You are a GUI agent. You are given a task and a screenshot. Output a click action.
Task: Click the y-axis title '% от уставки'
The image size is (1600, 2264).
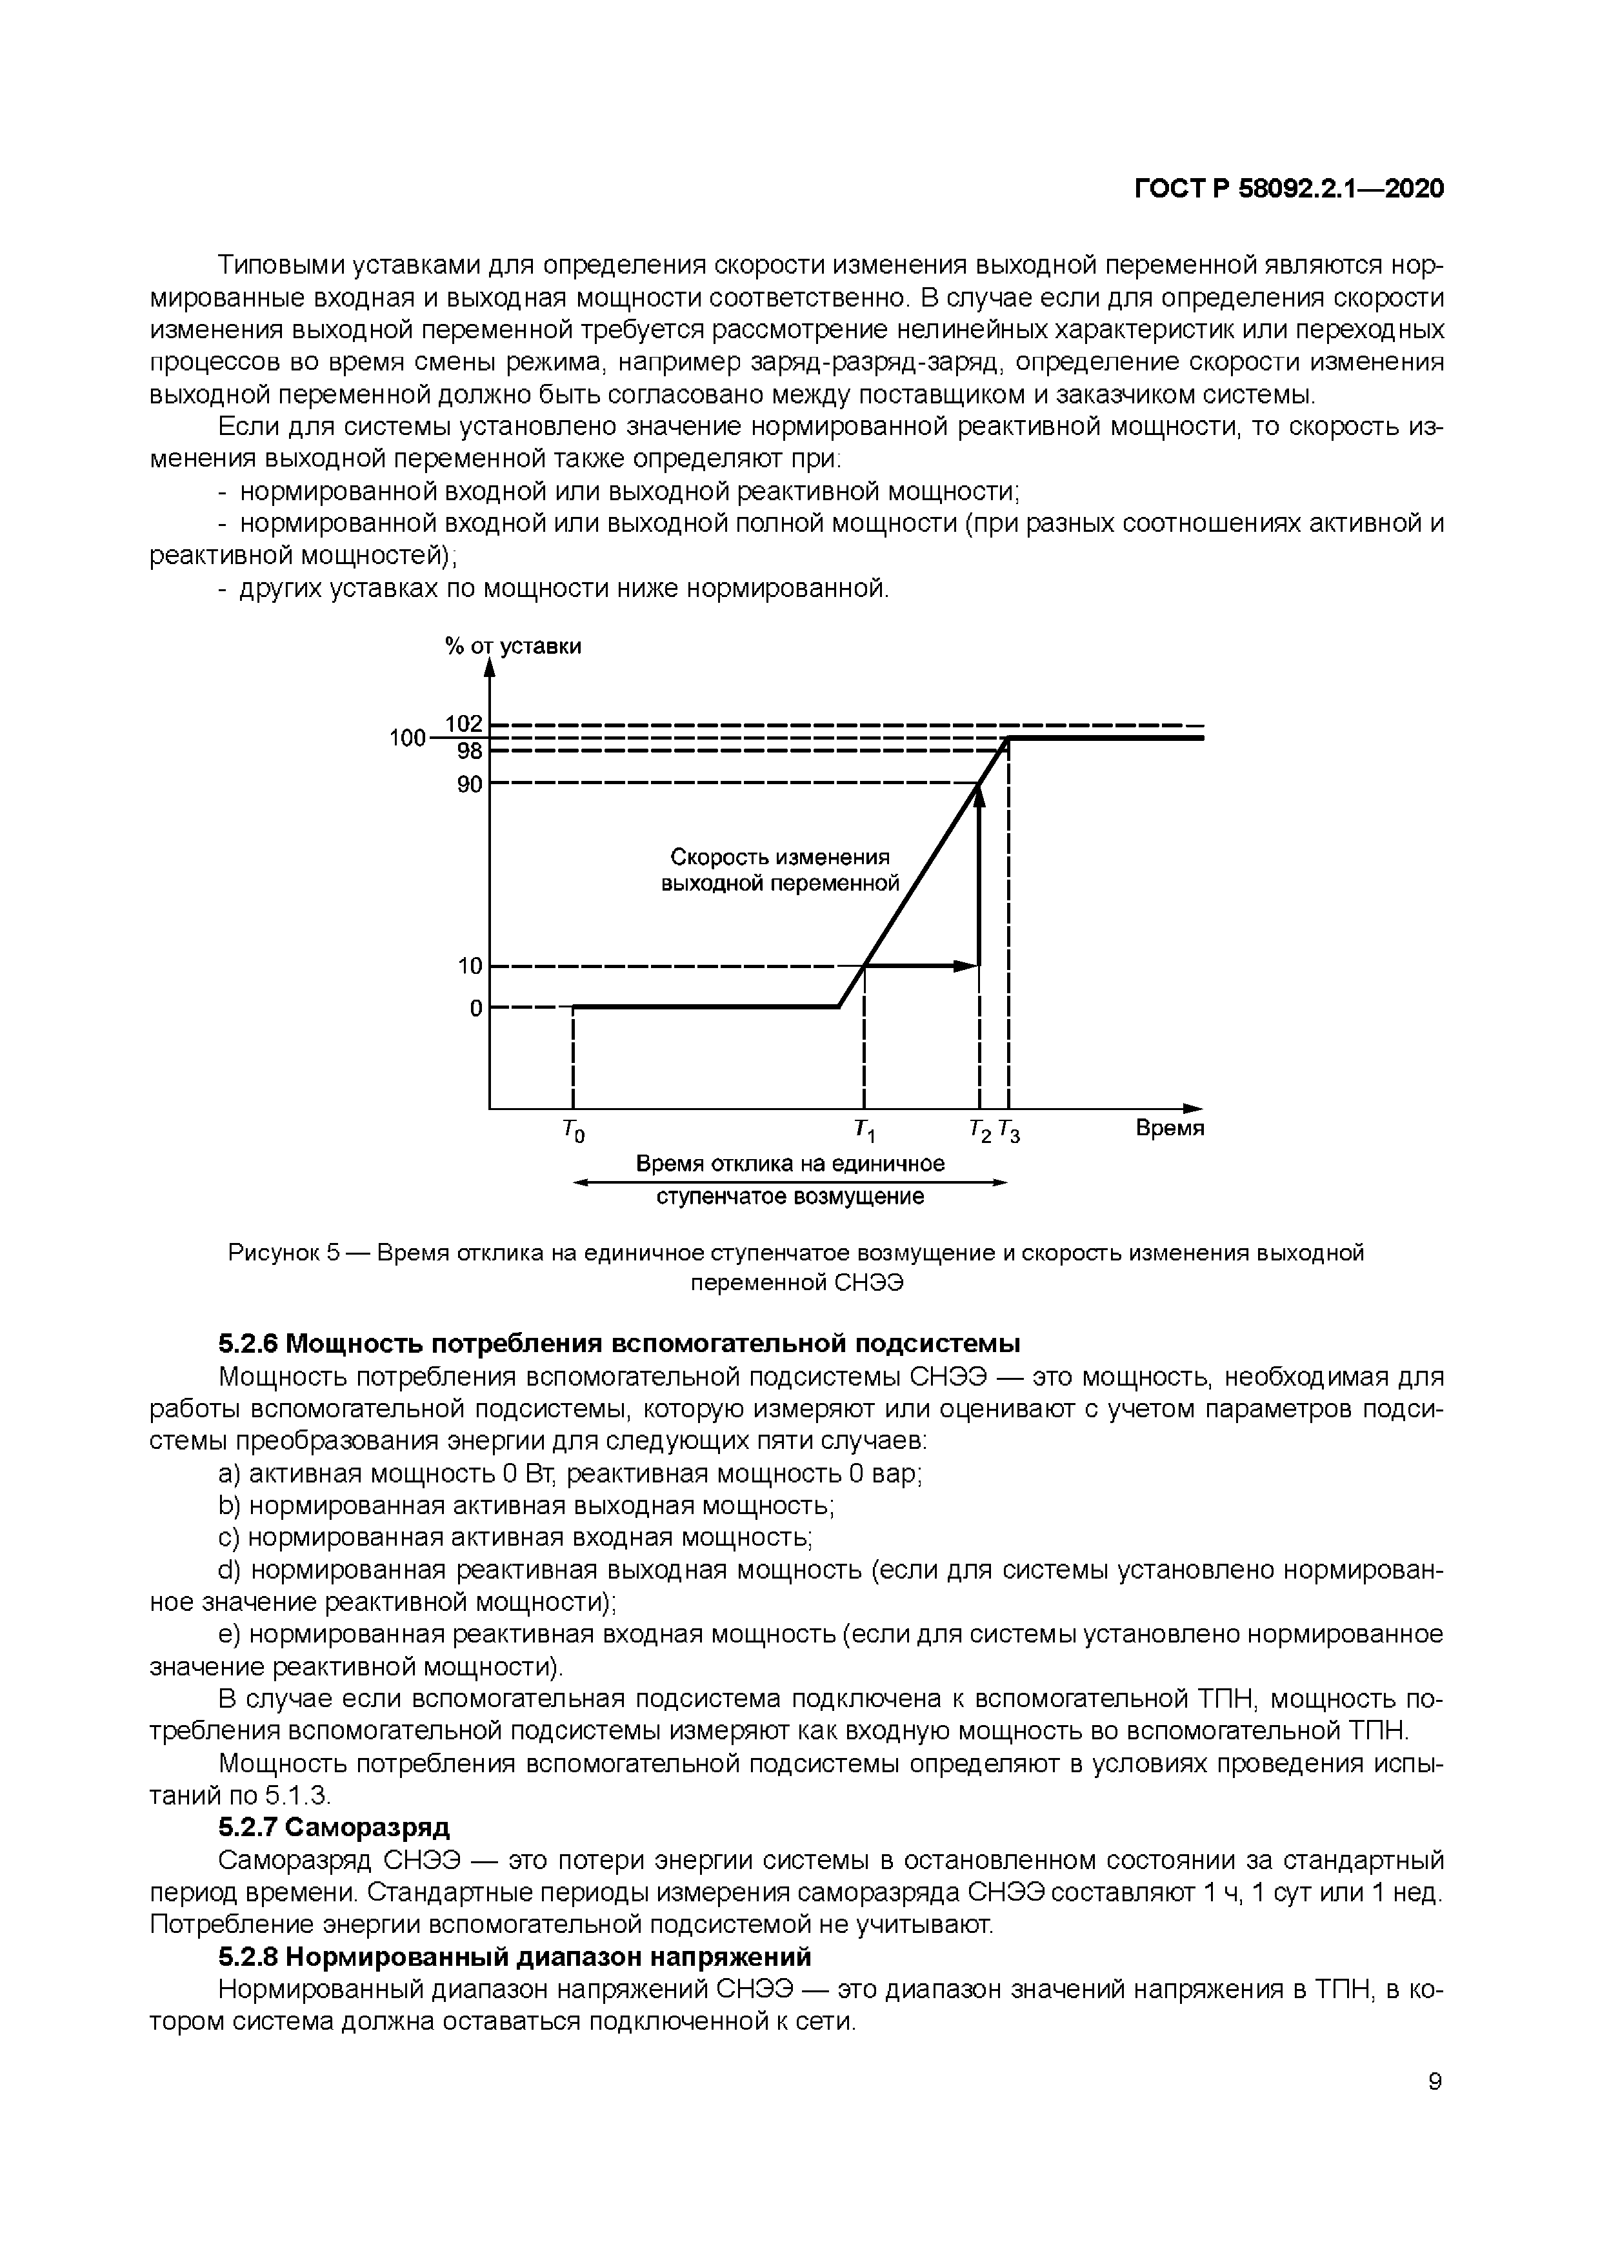513,646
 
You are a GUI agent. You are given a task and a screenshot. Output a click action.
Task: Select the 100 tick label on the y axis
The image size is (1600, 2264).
406,738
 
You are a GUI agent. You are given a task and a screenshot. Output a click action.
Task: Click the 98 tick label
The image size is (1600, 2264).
469,751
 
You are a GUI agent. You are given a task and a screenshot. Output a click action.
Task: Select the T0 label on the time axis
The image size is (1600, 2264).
573,1132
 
